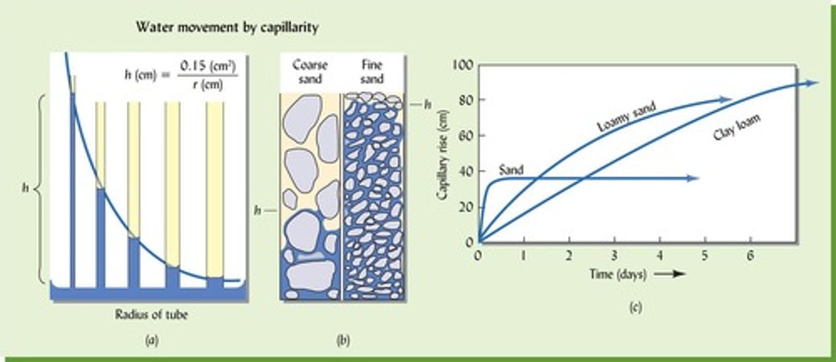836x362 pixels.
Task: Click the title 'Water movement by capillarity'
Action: (x=226, y=27)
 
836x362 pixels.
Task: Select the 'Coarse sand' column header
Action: (x=309, y=71)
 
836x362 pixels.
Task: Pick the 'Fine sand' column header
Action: (x=372, y=71)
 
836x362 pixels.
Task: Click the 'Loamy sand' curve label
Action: (x=627, y=117)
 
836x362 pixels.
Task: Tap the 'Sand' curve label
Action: (x=511, y=170)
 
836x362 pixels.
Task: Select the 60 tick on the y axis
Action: (x=466, y=136)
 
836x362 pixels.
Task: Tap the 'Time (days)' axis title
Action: (x=618, y=274)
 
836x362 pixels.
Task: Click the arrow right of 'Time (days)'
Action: (x=670, y=274)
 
